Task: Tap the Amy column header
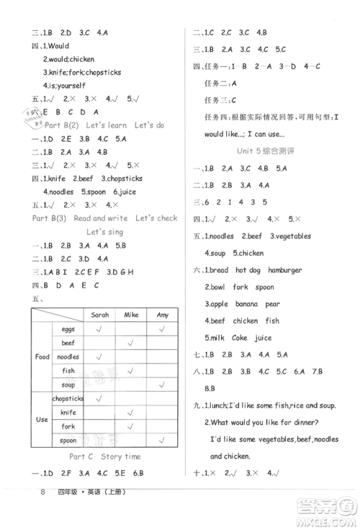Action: pos(163,315)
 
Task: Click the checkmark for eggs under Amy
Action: pos(163,329)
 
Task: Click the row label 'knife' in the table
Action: pos(68,412)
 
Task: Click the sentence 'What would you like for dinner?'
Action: pos(274,422)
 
